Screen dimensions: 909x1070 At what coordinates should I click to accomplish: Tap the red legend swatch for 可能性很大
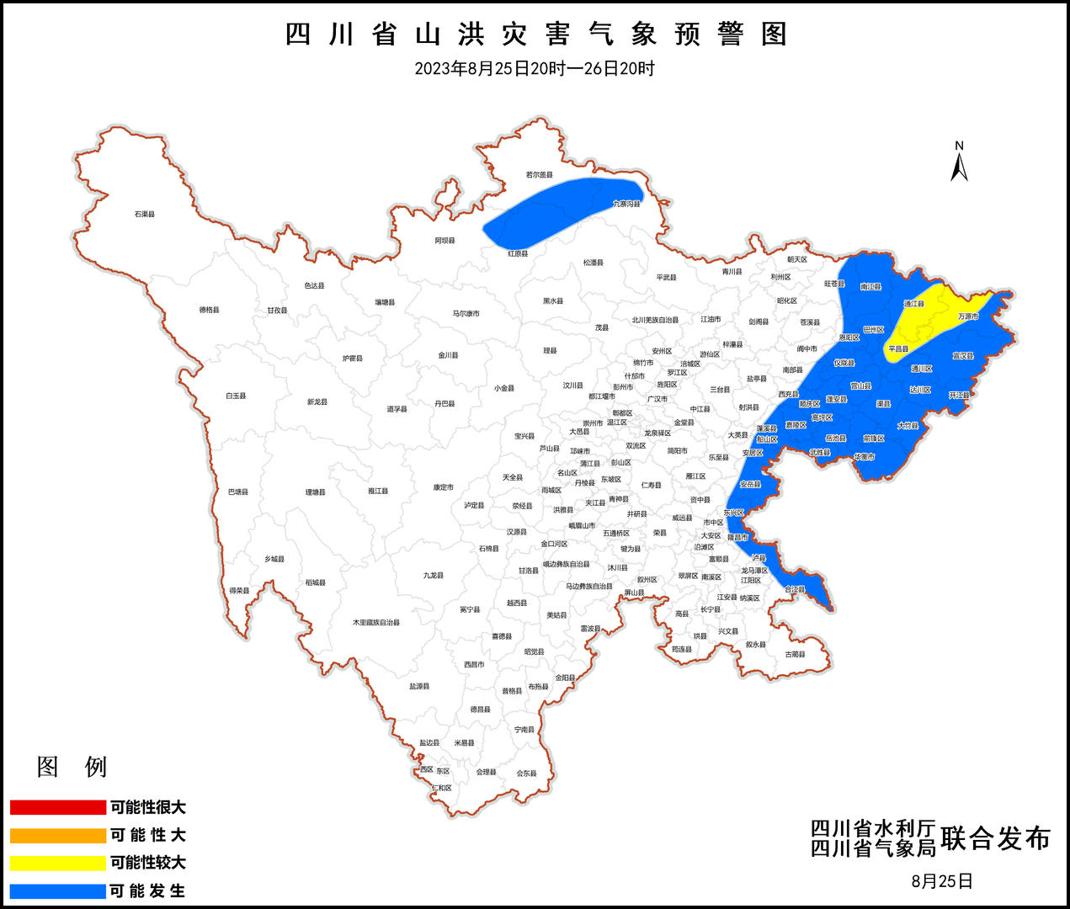click(57, 807)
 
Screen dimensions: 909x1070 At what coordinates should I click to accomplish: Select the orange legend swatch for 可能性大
click(57, 835)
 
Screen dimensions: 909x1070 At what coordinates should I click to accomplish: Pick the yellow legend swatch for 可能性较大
click(57, 863)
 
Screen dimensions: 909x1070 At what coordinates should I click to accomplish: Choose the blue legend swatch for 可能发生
click(57, 890)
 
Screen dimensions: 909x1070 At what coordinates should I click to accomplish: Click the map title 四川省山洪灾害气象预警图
click(535, 35)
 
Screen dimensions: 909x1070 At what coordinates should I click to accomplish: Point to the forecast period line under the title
click(535, 69)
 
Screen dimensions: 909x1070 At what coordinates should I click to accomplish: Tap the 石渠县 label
click(145, 214)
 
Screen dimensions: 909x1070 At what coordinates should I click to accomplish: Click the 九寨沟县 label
click(627, 204)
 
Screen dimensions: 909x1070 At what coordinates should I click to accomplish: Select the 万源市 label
click(968, 316)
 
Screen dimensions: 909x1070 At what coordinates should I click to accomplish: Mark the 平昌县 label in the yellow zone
click(898, 348)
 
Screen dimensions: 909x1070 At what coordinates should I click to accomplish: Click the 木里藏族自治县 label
click(376, 623)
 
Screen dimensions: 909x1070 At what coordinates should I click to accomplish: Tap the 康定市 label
click(444, 487)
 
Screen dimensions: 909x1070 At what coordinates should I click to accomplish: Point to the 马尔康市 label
click(466, 314)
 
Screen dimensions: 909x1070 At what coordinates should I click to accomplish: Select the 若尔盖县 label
click(540, 175)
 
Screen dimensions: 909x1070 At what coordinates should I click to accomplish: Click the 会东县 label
click(526, 773)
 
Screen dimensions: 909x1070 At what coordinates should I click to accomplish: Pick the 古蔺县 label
click(796, 654)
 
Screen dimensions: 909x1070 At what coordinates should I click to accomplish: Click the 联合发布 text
click(996, 838)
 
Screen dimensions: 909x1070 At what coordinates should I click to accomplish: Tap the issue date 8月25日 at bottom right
click(942, 881)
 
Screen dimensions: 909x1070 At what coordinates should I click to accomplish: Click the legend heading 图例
click(72, 767)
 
